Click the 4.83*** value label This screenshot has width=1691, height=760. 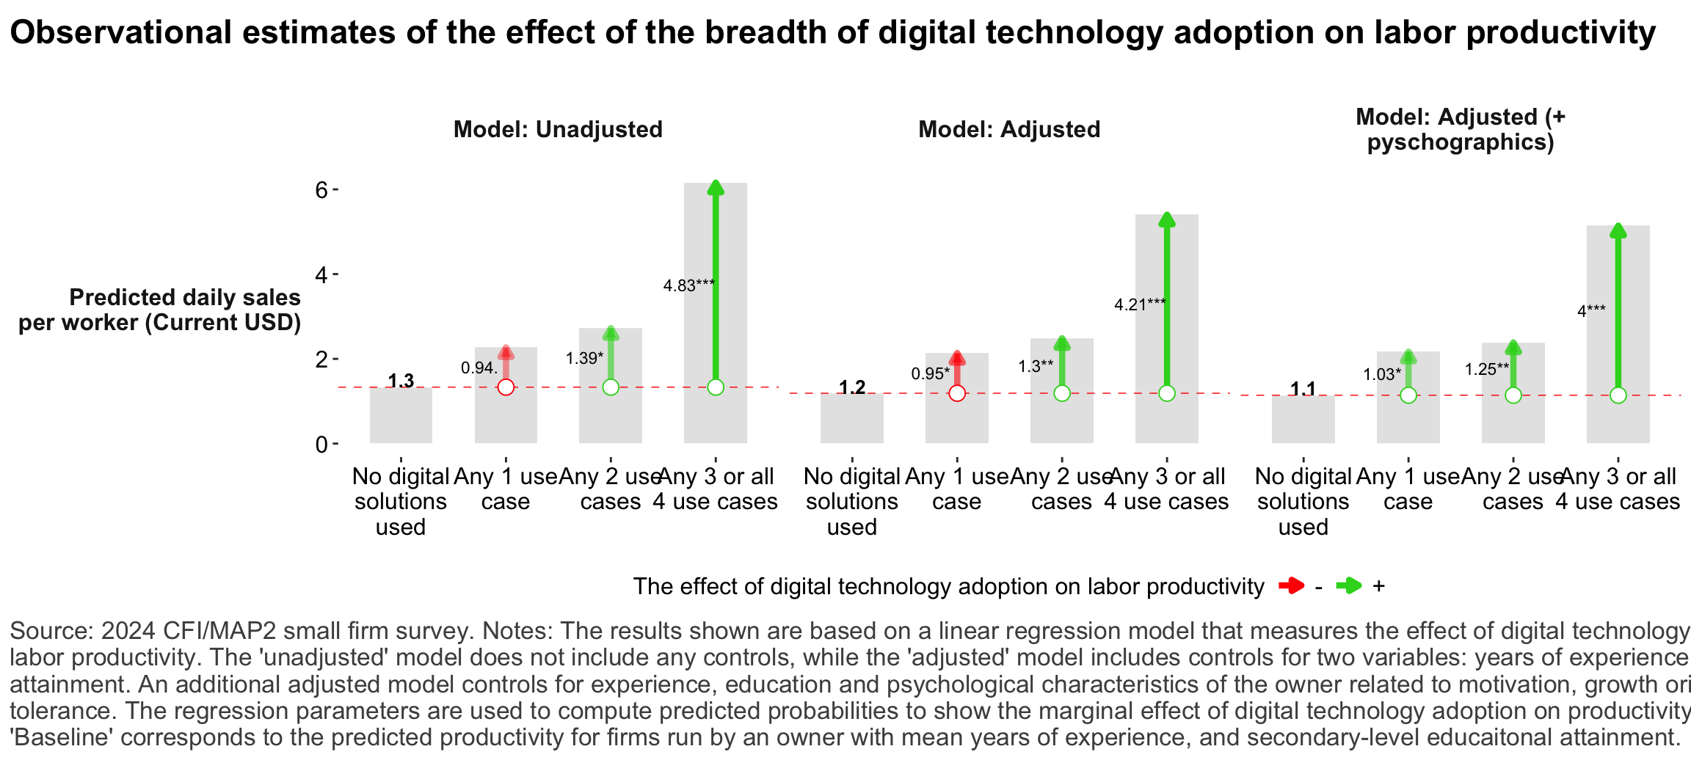tap(688, 285)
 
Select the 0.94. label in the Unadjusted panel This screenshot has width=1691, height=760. tap(479, 368)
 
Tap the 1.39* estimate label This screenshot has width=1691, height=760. tap(584, 358)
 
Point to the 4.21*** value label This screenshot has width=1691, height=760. tap(1140, 304)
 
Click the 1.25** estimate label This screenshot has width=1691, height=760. tap(1487, 369)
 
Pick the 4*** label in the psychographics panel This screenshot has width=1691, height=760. tap(1591, 310)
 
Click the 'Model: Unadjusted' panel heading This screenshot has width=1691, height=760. tap(558, 129)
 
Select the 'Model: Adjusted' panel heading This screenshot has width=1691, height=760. tap(1009, 129)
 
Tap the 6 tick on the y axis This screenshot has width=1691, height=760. tap(321, 190)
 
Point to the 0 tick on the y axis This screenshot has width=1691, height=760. tap(321, 444)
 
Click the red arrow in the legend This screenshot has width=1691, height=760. tap(1291, 585)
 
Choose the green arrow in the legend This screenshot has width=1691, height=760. tap(1348, 585)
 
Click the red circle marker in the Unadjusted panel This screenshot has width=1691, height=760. tap(506, 387)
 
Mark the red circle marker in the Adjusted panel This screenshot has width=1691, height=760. tap(957, 393)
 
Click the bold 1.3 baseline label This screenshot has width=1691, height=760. tap(401, 380)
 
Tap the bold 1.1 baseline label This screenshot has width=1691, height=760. tap(1303, 388)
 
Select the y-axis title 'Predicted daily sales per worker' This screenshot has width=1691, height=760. tap(160, 310)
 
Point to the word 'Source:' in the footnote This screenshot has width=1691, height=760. tap(51, 631)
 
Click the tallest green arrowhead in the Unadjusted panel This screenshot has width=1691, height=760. tap(716, 188)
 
